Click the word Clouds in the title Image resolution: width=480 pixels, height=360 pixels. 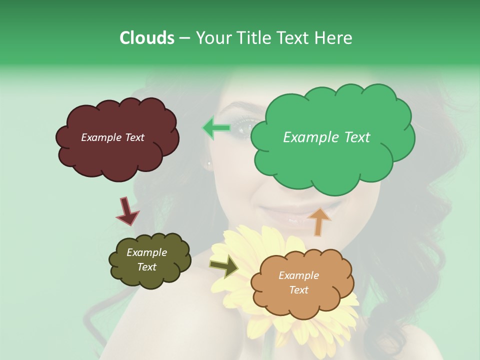tap(146, 38)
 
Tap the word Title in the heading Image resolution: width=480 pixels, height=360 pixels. tap(253, 38)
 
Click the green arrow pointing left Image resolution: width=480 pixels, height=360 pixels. tap(216, 128)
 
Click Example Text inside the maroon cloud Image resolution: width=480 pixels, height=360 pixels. tap(112, 137)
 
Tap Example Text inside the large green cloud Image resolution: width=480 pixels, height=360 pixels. tap(326, 137)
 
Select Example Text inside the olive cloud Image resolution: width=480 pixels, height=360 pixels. tap(146, 259)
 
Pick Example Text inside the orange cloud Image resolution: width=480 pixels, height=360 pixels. tap(298, 282)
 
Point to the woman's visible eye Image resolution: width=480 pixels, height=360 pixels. tap(245, 129)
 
